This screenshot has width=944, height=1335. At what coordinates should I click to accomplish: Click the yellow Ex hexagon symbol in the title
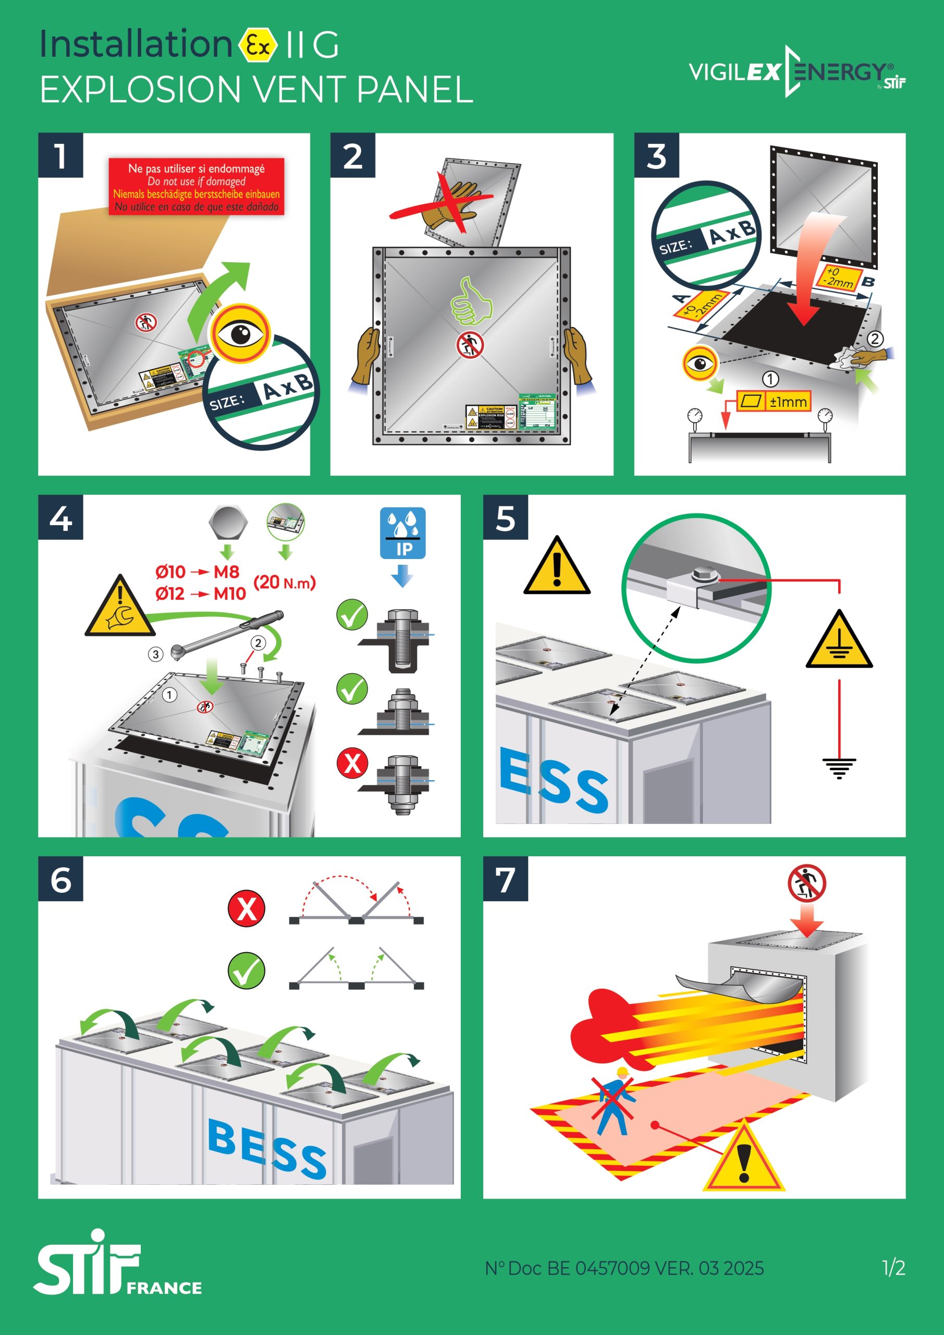(x=258, y=44)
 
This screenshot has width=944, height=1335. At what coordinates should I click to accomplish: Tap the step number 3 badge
(x=656, y=156)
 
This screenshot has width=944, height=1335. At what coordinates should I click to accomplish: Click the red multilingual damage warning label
(x=197, y=187)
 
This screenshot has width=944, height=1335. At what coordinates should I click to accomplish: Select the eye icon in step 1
(x=241, y=334)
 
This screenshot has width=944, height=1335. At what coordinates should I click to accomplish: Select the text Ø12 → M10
(x=201, y=593)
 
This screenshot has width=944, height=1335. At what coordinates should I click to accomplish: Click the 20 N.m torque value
(x=285, y=582)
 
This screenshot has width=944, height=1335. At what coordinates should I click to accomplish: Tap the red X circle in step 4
(x=352, y=763)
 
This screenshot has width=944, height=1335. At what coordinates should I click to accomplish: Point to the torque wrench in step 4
(x=227, y=635)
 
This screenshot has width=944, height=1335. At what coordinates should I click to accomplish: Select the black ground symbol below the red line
(x=839, y=768)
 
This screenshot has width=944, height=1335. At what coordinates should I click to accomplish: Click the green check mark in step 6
(x=247, y=970)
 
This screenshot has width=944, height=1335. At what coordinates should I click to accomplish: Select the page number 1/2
(x=893, y=1268)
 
